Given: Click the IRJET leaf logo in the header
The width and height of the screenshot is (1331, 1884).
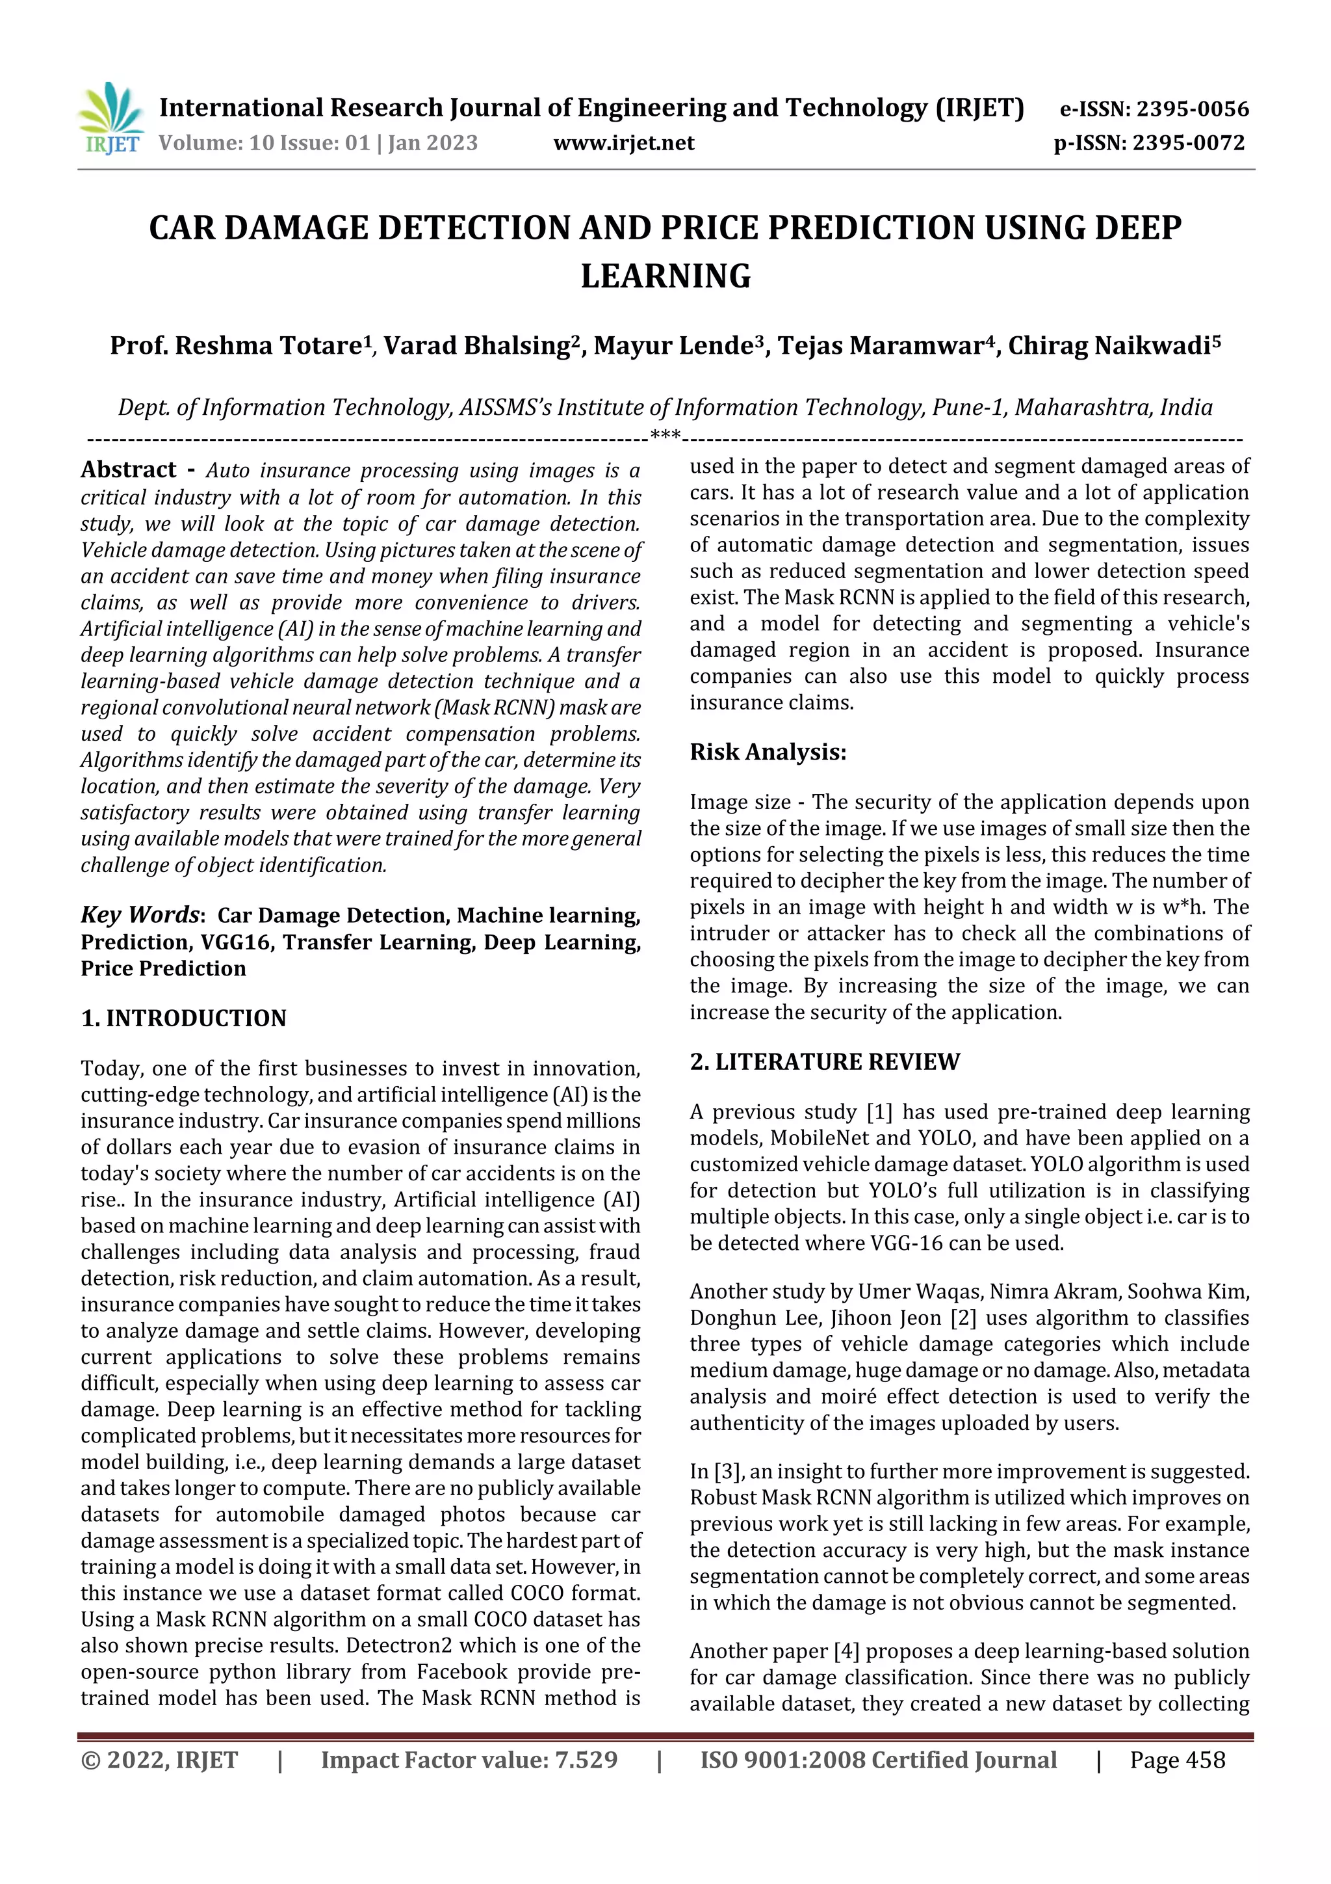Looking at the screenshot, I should click(x=110, y=117).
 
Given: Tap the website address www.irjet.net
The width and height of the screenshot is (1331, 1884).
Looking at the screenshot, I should click(x=623, y=144).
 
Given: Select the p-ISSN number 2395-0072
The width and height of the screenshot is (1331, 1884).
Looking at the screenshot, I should click(x=1188, y=144).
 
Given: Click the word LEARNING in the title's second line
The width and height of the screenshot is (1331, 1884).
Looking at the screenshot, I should click(x=665, y=276).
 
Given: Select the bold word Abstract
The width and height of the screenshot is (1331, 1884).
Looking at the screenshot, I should click(x=128, y=470).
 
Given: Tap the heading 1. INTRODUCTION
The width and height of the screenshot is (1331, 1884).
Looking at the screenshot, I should click(x=184, y=1018).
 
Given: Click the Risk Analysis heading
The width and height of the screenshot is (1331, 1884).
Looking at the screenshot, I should click(x=768, y=752).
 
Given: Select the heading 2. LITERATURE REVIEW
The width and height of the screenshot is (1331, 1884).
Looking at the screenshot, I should click(x=824, y=1062).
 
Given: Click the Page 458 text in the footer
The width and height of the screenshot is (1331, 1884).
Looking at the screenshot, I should click(x=1177, y=1760).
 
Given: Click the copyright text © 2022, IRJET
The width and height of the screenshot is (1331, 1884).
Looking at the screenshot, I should click(x=159, y=1760).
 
